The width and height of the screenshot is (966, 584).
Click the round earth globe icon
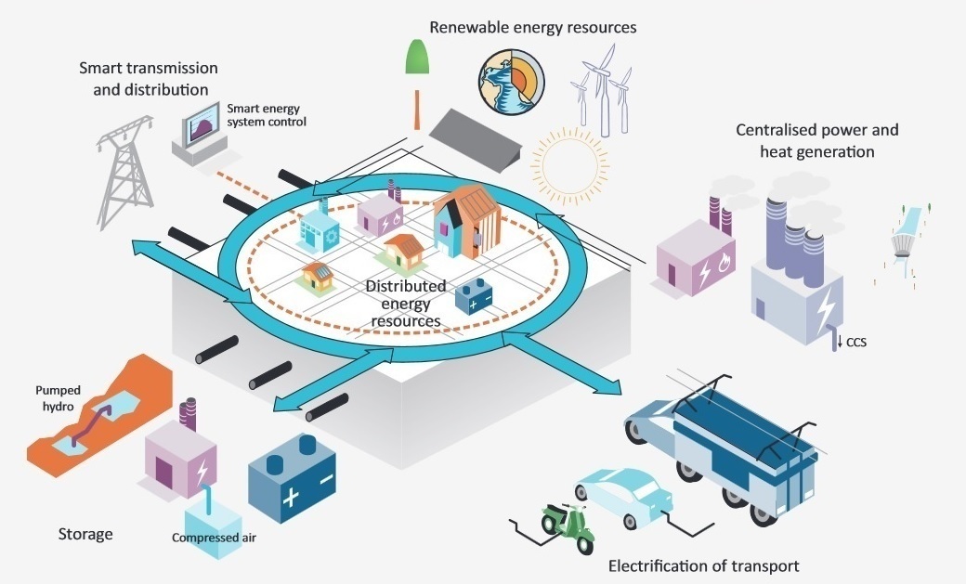(507, 79)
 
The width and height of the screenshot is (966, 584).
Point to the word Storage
(85, 534)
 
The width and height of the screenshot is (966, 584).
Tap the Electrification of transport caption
(703, 565)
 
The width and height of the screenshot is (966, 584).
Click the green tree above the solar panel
(415, 57)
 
